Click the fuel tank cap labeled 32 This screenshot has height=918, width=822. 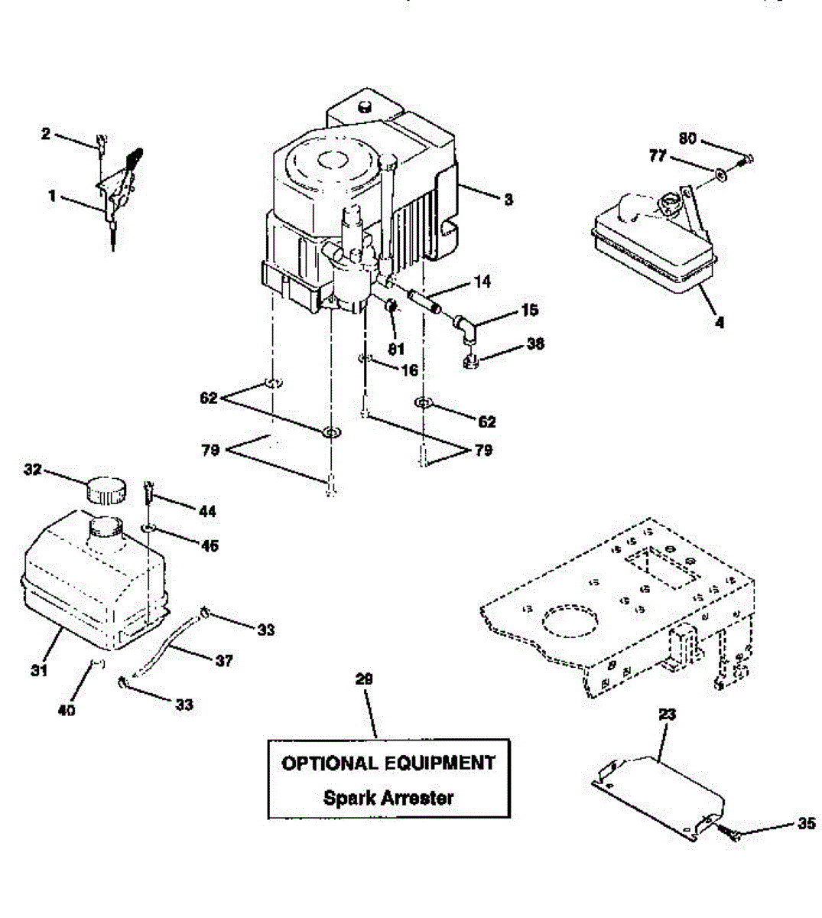point(105,488)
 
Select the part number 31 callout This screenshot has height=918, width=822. point(39,670)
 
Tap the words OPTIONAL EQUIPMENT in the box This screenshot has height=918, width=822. point(388,763)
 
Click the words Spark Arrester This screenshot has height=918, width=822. point(388,798)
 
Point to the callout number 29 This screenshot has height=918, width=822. point(366,679)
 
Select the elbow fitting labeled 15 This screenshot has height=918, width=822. point(466,327)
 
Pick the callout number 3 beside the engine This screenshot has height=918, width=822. point(508,200)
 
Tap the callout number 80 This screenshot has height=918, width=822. point(687,139)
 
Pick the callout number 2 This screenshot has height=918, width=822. point(45,134)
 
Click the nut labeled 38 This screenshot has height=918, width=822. point(472,359)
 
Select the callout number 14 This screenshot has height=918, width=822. point(482,282)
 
